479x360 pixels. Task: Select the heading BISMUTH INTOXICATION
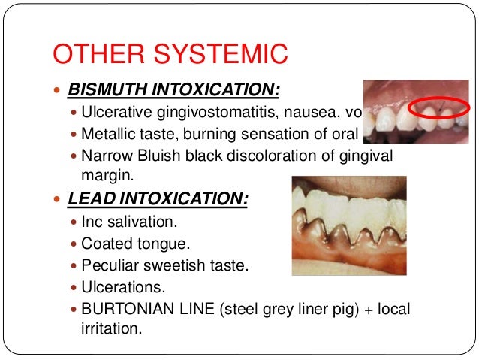[x=173, y=92]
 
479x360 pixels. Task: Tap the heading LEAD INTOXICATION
[x=158, y=201]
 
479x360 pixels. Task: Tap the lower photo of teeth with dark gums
[x=348, y=225]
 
